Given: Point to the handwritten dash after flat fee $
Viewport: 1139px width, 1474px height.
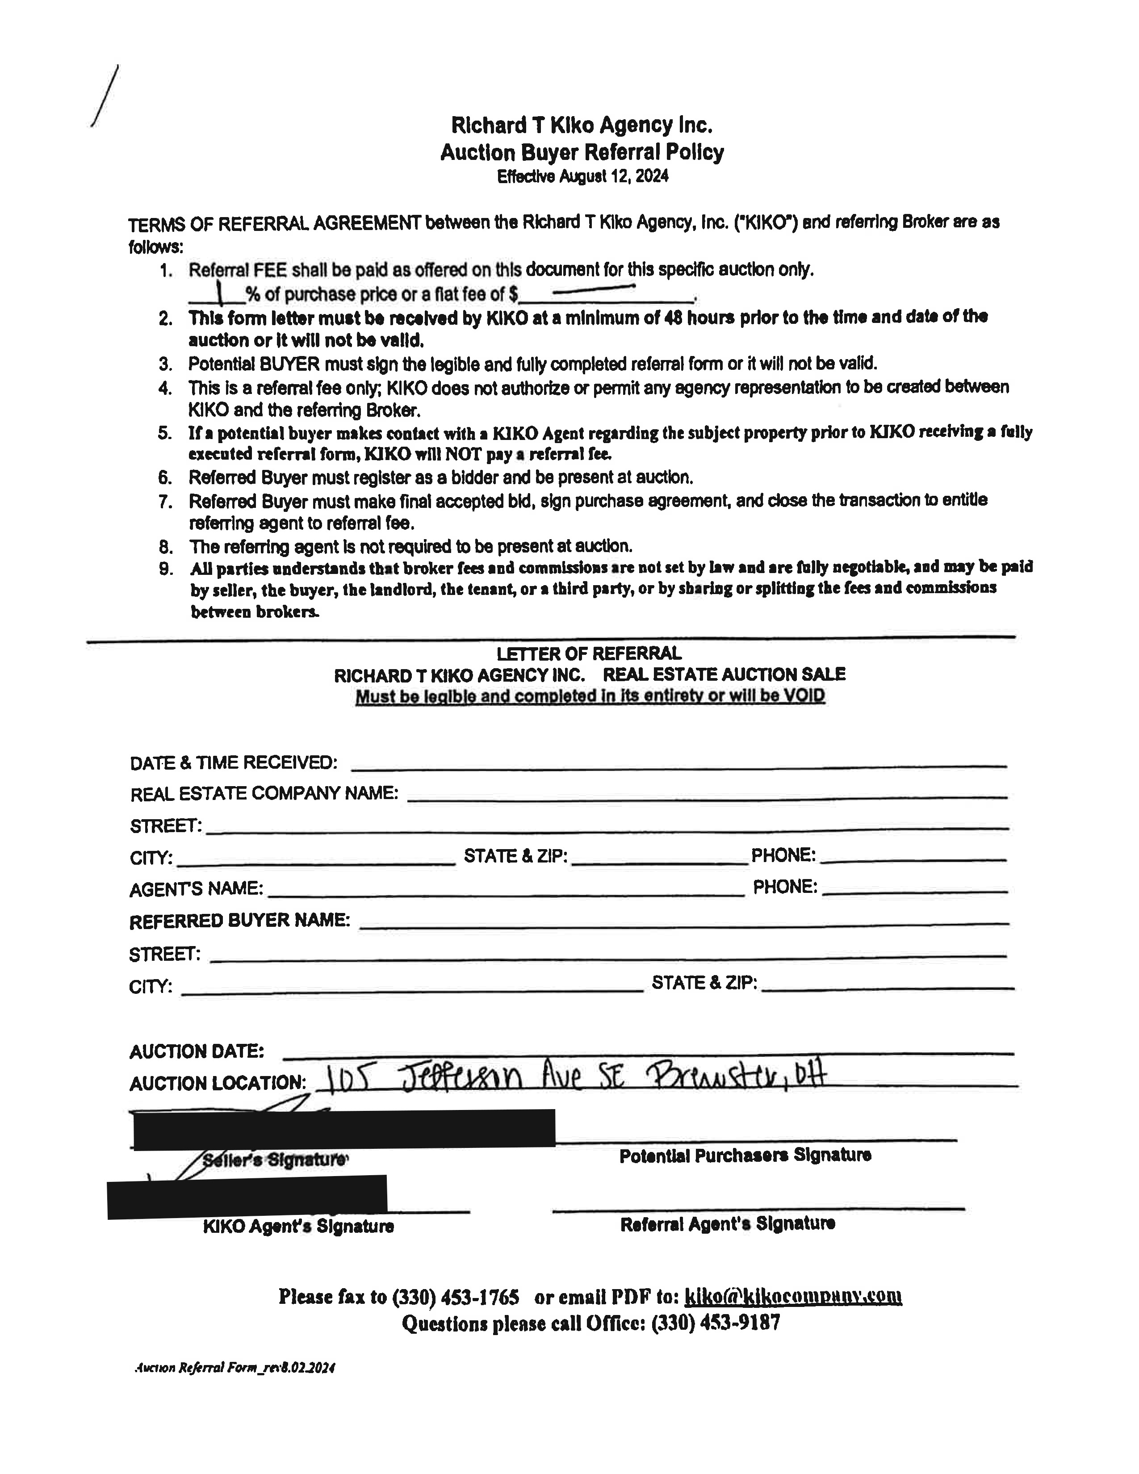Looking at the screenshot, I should tap(593, 290).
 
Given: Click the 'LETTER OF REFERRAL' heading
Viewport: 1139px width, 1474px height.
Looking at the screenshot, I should tap(589, 653).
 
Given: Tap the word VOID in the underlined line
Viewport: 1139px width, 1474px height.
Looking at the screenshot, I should tap(803, 696).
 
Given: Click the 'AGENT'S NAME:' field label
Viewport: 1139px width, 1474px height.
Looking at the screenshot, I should tap(196, 889).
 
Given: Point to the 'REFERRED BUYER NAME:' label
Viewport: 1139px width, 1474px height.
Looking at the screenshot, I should tap(239, 921).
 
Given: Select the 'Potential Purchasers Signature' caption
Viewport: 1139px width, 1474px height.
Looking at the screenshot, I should tap(745, 1156).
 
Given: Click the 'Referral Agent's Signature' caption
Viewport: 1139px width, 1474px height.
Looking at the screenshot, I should tap(727, 1223).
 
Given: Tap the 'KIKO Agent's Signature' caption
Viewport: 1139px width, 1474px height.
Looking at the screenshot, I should tap(298, 1226).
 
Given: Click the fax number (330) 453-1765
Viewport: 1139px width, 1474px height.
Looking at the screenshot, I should tap(456, 1297).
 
